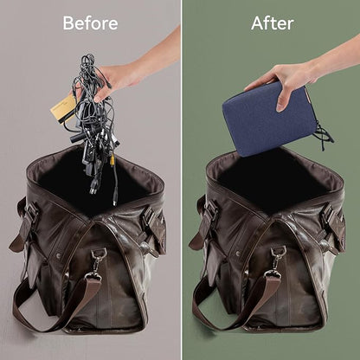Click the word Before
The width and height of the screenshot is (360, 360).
pyautogui.click(x=90, y=23)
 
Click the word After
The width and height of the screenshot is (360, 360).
pyautogui.click(x=273, y=23)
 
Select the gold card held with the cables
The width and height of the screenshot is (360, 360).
pyautogui.click(x=63, y=109)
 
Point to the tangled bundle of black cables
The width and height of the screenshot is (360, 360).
pyautogui.click(x=93, y=121)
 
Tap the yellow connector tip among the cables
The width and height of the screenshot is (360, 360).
pyautogui.click(x=112, y=158)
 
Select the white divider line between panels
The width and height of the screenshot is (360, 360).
pyautogui.click(x=181, y=180)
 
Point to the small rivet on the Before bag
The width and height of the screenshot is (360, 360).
pyautogui.click(x=59, y=255)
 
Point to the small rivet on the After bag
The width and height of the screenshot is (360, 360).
pyautogui.click(x=238, y=254)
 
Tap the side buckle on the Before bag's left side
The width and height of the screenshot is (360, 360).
pyautogui.click(x=32, y=214)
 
